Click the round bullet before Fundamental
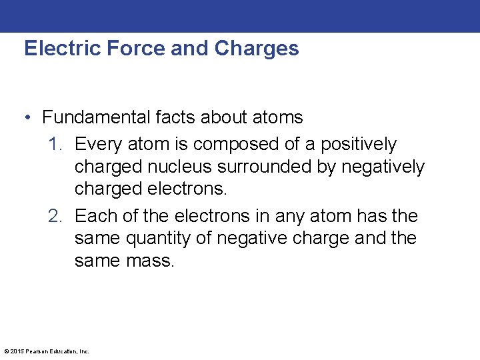[28, 119]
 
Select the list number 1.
[55, 145]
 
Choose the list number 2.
[55, 217]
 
